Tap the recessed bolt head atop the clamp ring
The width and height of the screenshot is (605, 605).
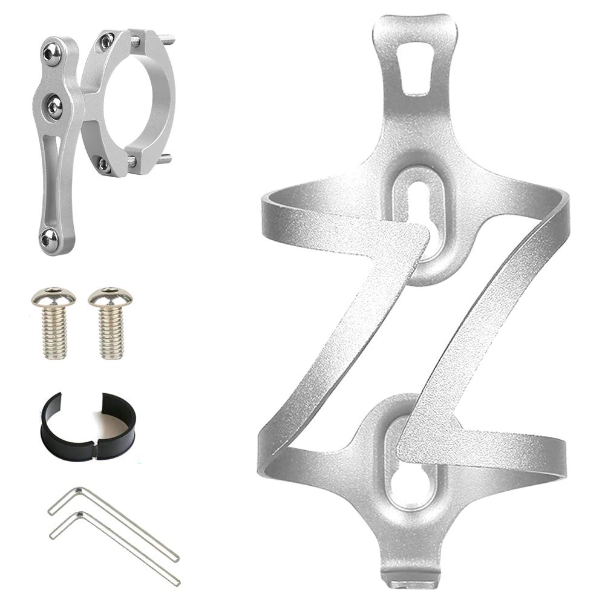(108, 41)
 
